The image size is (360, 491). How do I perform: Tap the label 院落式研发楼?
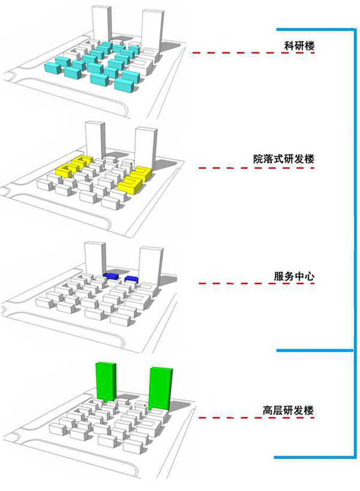(284, 159)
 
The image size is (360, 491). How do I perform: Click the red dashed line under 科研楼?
(253, 54)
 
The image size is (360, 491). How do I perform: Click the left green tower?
(104, 381)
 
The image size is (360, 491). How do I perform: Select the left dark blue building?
(111, 276)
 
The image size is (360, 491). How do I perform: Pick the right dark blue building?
(132, 279)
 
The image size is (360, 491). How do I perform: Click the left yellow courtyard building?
(74, 164)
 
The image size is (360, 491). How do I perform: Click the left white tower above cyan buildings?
(100, 24)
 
